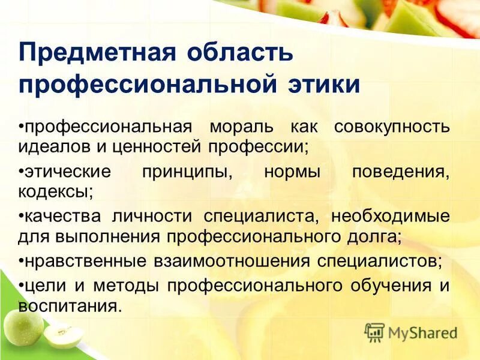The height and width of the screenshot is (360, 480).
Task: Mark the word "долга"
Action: click(x=375, y=236)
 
